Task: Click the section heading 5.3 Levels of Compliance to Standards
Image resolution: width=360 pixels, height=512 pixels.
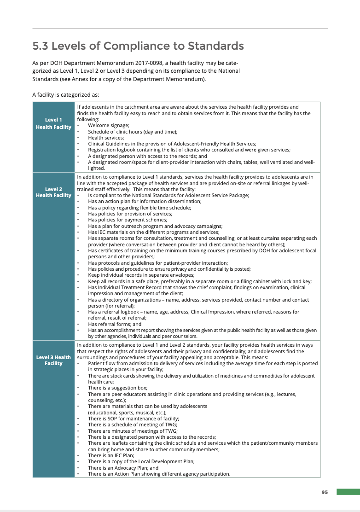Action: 138,46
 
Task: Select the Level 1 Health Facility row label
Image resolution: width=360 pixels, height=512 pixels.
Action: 53,123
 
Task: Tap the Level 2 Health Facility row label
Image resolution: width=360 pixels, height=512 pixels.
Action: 53,192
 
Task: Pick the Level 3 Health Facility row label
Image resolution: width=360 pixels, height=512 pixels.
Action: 53,360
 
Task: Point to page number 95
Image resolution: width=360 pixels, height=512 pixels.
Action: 325,492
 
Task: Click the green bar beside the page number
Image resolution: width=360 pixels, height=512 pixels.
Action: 348,492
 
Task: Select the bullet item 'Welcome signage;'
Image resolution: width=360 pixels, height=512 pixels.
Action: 108,125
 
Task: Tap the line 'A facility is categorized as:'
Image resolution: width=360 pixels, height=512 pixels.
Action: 65,95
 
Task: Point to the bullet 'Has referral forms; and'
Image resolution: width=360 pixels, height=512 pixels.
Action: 115,324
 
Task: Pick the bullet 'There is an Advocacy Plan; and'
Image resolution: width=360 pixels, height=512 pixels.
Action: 123,467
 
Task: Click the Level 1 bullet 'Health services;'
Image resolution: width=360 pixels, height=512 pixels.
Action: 106,138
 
